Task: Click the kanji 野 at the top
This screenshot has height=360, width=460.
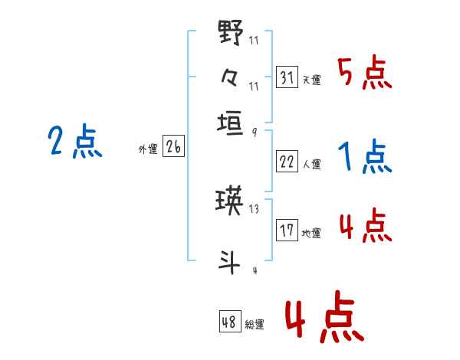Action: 231,32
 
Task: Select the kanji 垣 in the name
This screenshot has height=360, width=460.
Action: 230,123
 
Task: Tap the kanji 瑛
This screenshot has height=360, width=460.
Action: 229,201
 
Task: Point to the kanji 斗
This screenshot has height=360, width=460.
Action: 229,263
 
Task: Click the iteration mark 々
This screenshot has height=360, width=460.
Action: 229,77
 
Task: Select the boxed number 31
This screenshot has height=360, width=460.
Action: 287,77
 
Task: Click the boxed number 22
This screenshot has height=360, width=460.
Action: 287,162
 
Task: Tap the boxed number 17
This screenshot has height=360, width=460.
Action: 287,230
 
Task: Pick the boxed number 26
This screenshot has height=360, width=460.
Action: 173,146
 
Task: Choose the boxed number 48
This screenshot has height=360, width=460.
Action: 230,321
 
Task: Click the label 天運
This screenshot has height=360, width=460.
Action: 312,80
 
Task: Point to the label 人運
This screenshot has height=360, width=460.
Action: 312,164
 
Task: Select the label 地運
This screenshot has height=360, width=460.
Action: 311,234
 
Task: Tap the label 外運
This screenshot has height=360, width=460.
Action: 148,149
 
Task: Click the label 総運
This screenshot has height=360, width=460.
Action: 255,324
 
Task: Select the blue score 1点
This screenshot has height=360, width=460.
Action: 365,156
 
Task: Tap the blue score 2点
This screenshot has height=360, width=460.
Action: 75,141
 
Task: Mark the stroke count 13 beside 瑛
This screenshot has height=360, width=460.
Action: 254,209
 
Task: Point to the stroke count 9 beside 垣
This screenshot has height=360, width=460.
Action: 255,133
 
